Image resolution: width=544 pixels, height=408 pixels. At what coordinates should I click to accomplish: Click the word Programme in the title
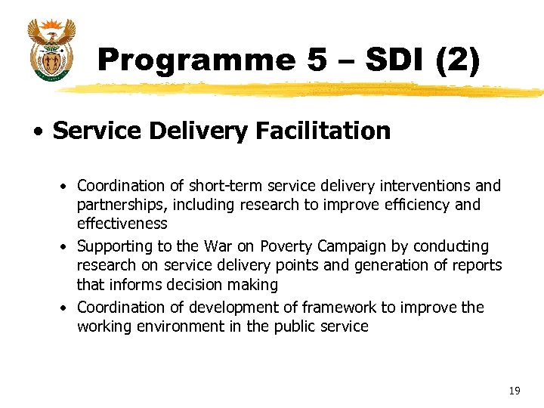(x=196, y=60)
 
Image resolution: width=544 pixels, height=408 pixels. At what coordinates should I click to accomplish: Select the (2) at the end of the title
(x=458, y=60)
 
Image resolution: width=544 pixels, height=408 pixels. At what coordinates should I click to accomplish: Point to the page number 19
(x=515, y=391)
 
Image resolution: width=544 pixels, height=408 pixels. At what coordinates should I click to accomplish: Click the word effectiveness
(x=122, y=224)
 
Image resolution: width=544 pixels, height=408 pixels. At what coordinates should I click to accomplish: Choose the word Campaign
(x=351, y=246)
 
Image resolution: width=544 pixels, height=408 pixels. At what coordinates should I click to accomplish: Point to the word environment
(x=175, y=326)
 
